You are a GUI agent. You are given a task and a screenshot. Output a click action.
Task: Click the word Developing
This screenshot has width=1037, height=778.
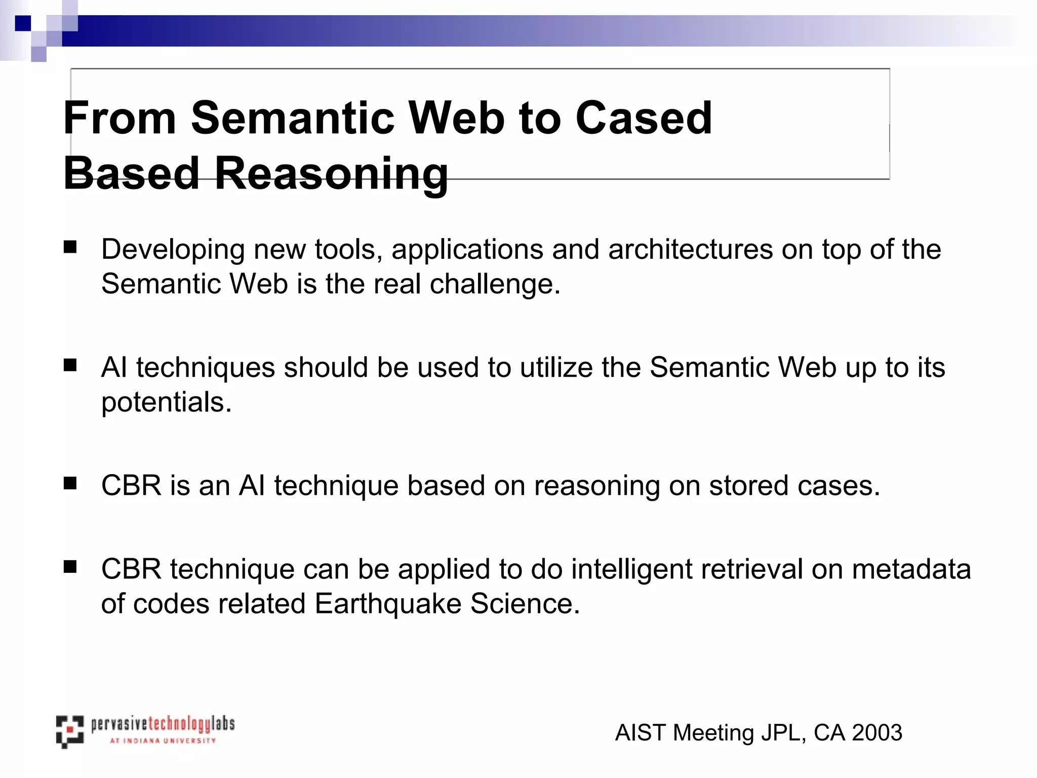[x=173, y=250]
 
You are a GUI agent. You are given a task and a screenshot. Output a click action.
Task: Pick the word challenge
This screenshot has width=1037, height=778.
[x=495, y=284]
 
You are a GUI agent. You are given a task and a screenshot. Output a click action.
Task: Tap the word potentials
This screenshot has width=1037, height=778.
[x=166, y=402]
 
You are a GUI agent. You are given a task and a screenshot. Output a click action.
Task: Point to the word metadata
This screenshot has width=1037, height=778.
[x=911, y=569]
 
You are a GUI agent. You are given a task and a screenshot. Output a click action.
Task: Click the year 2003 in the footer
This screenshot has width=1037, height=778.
[x=877, y=733]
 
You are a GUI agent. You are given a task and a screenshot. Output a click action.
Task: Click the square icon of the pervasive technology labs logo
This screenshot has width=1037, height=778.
[x=70, y=731]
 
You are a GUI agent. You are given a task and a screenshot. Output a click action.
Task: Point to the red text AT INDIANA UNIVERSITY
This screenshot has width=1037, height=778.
[x=163, y=741]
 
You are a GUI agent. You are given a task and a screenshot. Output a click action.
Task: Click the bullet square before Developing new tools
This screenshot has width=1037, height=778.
[x=70, y=247]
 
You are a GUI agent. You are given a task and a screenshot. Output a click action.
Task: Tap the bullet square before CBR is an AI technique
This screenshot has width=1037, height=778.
[x=70, y=483]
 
